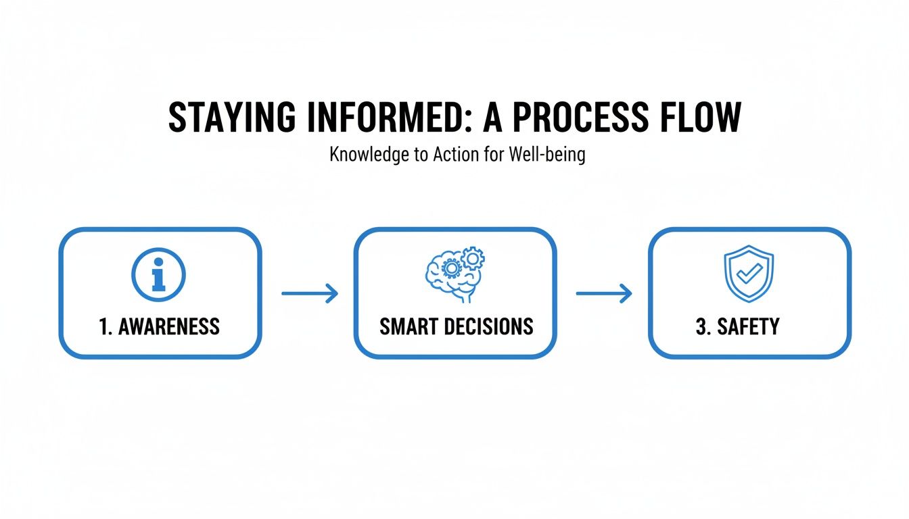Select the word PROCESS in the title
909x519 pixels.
580,118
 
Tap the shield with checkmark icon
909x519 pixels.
749,274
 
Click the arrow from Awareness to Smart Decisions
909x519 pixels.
309,293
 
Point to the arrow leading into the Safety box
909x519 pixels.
603,293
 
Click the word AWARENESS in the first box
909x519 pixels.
169,327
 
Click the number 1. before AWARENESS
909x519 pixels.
106,327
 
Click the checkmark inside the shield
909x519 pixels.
749,273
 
